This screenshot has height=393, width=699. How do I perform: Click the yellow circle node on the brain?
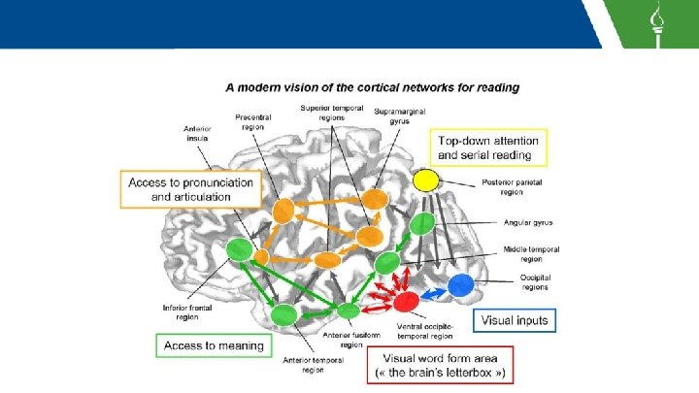click(x=425, y=180)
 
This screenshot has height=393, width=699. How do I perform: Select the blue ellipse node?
click(x=462, y=285)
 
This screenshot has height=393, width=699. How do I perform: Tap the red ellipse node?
click(x=406, y=301)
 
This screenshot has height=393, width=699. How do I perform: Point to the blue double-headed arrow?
click(x=434, y=291)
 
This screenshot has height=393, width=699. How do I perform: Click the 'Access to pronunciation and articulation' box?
click(x=192, y=188)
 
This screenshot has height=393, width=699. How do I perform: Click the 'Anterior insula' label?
click(x=197, y=134)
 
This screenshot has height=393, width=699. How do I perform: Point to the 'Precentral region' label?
click(x=253, y=121)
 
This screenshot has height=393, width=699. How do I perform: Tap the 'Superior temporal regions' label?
click(x=332, y=113)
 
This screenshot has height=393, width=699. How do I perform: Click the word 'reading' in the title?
click(x=495, y=86)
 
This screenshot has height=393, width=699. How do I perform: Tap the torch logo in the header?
click(x=657, y=23)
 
